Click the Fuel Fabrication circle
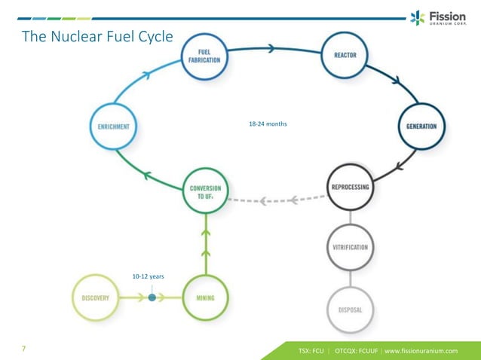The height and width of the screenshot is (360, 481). point(204,56)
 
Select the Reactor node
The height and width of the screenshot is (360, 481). point(345,56)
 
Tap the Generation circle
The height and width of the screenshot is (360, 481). point(421,126)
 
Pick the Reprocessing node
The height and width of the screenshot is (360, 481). point(350,188)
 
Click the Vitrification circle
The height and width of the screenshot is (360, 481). point(350,247)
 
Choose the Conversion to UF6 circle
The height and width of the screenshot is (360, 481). point(205,191)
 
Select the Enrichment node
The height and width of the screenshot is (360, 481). point(112,127)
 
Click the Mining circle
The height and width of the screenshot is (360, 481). point(205,297)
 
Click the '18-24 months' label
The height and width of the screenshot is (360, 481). point(268,124)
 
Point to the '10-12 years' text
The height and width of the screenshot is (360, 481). point(148,276)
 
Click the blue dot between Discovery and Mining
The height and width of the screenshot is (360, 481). point(152,297)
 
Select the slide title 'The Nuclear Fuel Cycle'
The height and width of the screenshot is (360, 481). point(97,35)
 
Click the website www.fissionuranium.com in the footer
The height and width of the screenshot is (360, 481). point(421,350)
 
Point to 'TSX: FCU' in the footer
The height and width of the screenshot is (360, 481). point(311,350)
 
